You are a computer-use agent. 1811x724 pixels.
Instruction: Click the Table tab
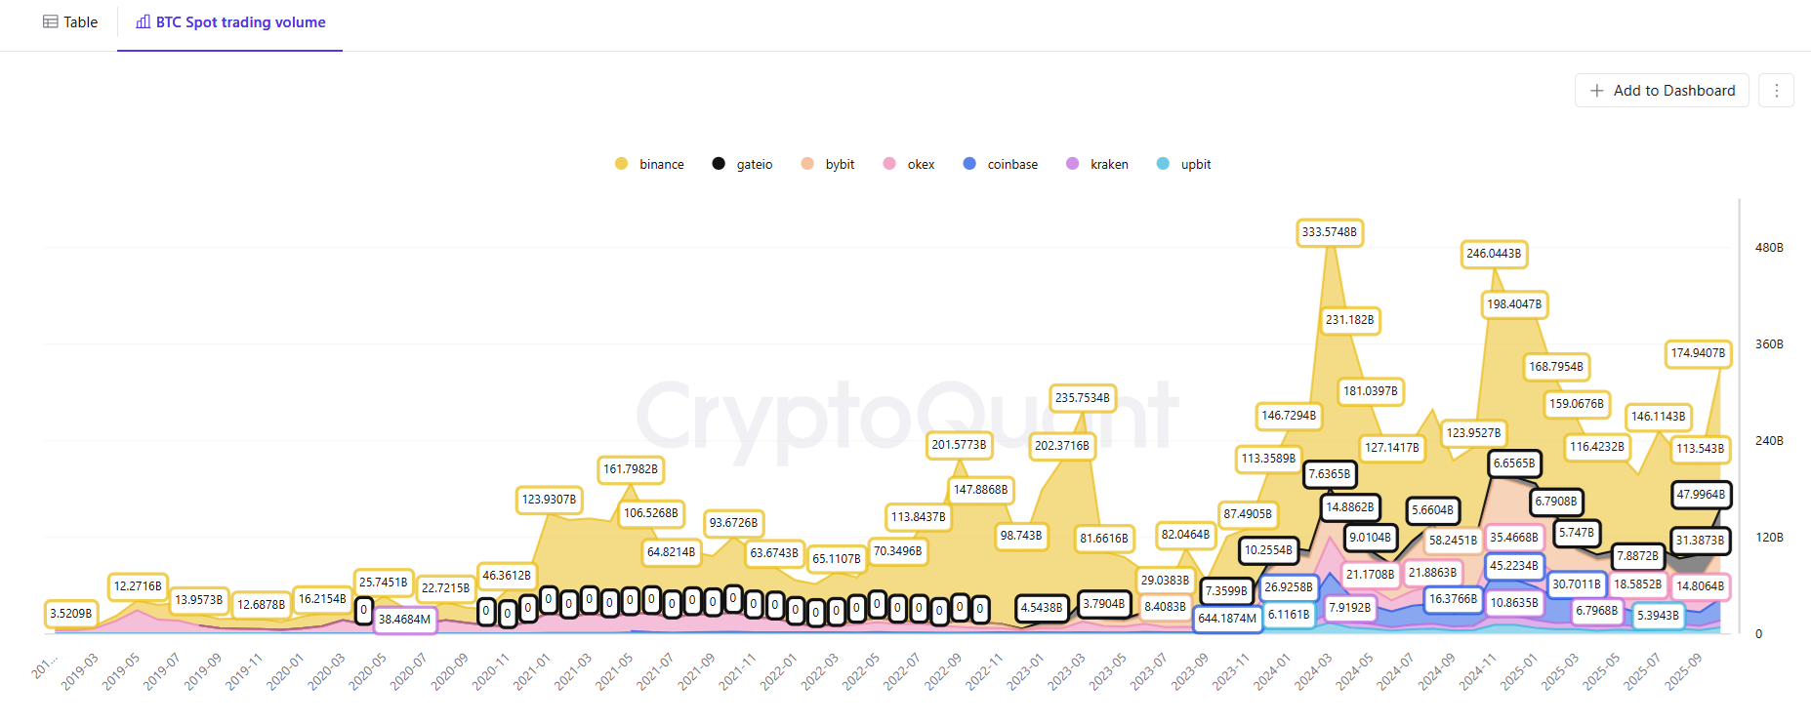coord(70,22)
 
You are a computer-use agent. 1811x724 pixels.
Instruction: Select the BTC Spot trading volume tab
coord(230,22)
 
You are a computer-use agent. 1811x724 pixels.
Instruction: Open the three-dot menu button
coord(1776,91)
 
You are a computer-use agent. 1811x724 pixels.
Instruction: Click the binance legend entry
coord(649,164)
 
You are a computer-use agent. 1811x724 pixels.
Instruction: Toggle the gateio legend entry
coord(743,164)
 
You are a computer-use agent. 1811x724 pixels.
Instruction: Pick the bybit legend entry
coord(828,164)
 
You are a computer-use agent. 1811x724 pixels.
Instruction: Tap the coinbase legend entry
coord(1001,164)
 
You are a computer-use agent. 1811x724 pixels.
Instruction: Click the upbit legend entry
coord(1184,164)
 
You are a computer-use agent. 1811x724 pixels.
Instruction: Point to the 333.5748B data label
coord(1329,232)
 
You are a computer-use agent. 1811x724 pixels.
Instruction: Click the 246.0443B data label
coord(1494,254)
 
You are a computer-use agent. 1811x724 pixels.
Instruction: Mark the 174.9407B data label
coord(1698,353)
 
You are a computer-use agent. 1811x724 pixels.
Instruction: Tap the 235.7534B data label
coord(1082,398)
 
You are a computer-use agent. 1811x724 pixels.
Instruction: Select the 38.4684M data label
coord(404,620)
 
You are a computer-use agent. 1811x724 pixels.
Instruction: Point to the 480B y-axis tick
coord(1768,248)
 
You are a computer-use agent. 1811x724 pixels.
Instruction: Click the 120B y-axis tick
coord(1768,538)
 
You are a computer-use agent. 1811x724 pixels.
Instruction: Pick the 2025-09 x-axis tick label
coord(1684,671)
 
